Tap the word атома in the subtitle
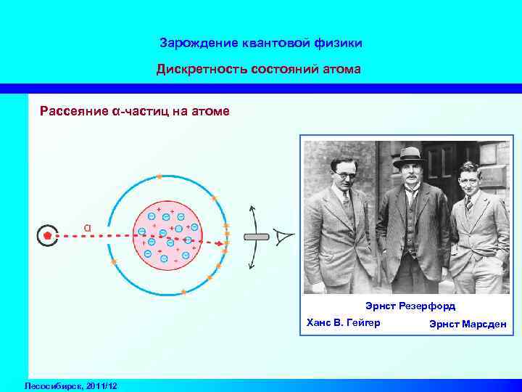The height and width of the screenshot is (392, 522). (342, 70)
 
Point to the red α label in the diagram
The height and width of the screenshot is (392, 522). (87, 226)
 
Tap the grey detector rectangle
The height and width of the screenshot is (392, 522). (256, 237)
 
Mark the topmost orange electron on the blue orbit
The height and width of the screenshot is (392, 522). (159, 176)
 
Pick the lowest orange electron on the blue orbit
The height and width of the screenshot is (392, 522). (183, 292)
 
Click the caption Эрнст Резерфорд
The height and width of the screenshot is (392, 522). (410, 307)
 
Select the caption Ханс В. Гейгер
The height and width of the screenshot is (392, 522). (344, 322)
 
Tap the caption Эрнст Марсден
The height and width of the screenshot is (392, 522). (468, 323)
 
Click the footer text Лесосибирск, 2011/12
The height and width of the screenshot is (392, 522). (71, 385)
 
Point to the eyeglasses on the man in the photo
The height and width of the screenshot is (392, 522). (341, 174)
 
